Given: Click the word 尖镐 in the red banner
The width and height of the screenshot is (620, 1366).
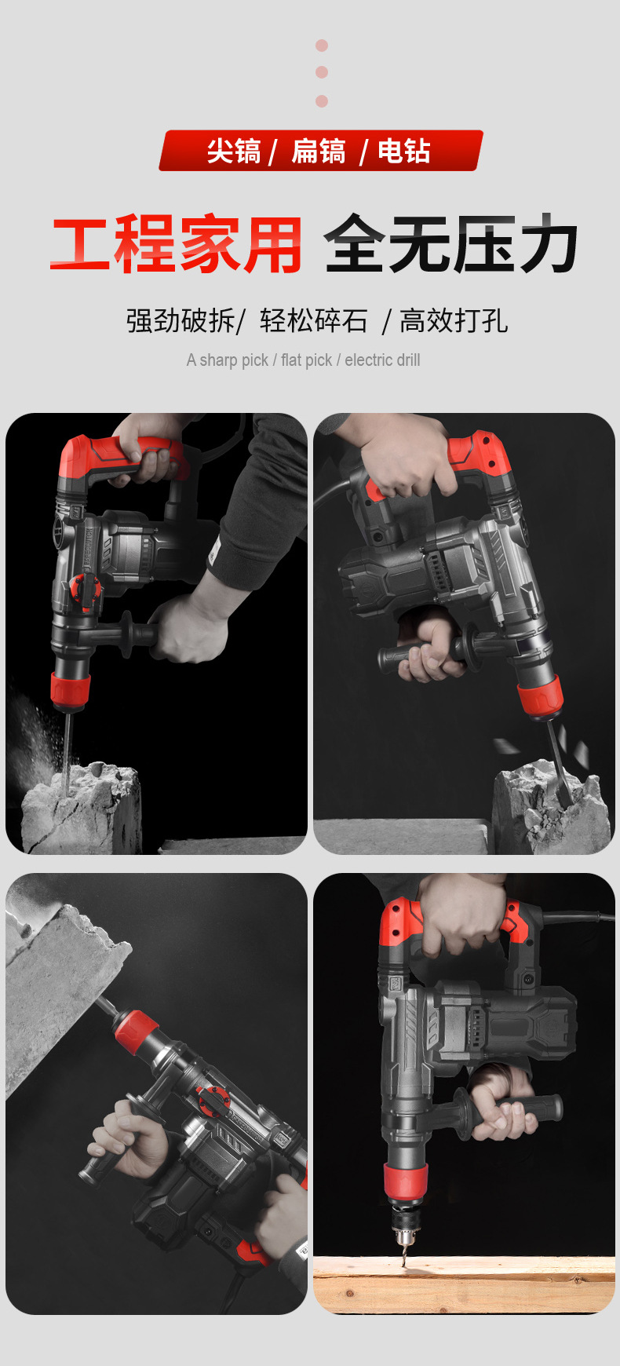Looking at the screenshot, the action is pos(234,151).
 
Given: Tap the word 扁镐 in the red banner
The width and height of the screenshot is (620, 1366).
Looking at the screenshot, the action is pos(319,151).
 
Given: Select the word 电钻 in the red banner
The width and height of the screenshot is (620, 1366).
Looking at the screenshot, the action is pos(404,151).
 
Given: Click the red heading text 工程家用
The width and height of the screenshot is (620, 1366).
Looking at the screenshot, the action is pos(177,244).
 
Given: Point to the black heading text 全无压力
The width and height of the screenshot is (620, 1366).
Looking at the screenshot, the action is pos(450,244).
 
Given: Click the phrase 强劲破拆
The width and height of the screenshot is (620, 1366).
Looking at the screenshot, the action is pos(181,320).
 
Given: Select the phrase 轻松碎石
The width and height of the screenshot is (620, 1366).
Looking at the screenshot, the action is pos(314,320).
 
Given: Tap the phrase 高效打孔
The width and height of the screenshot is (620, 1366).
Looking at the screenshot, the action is pos(454,320).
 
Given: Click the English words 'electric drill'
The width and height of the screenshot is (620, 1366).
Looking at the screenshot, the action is pos(382,360).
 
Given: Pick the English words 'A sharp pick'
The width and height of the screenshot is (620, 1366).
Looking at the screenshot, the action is pos(228,360).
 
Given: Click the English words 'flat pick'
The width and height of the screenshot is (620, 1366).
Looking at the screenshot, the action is pos(307,360).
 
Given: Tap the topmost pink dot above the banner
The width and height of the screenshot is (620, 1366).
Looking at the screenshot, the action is pos(322,46).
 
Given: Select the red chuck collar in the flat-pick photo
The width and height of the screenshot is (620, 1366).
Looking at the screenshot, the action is pos(540,696).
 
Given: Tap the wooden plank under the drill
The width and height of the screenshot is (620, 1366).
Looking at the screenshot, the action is pos(464,1284).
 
